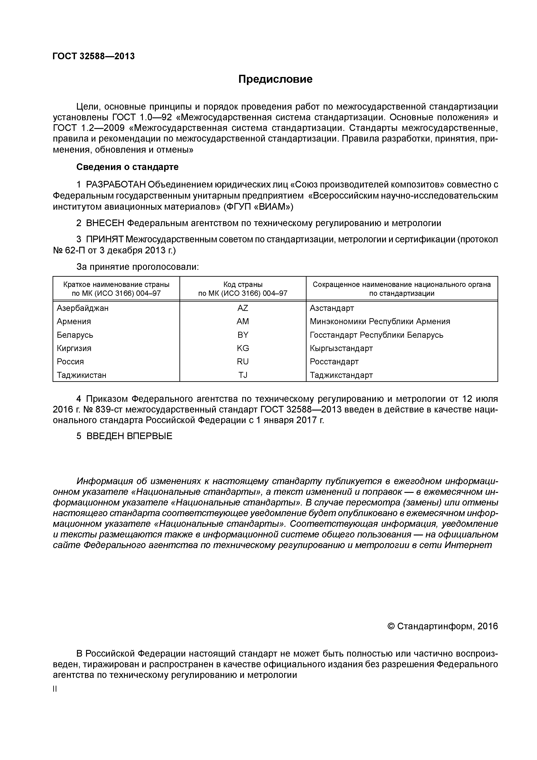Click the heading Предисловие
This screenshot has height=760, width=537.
(275, 79)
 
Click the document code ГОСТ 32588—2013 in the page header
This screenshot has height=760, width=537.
(94, 56)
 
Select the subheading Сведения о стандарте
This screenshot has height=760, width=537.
(127, 167)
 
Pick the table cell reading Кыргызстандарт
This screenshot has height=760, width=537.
(341, 348)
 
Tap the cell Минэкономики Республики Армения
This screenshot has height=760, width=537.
(380, 321)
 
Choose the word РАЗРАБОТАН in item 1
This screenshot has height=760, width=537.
(116, 184)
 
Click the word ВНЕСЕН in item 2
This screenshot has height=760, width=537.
(105, 223)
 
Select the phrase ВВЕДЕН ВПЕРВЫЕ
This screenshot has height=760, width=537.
(129, 436)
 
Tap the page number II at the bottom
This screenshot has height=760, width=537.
(55, 689)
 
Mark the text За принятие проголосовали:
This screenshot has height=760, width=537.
(138, 267)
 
